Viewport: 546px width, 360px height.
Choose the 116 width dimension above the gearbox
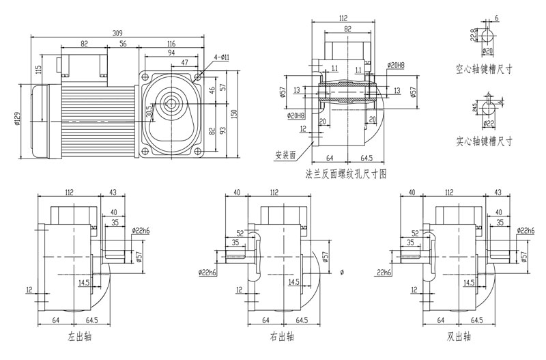pyautogui.click(x=170, y=44)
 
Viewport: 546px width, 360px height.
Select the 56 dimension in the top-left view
pyautogui.click(x=124, y=44)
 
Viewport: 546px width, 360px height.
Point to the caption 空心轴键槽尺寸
pyautogui.click(x=484, y=70)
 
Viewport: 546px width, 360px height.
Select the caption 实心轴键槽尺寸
pyautogui.click(x=484, y=141)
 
